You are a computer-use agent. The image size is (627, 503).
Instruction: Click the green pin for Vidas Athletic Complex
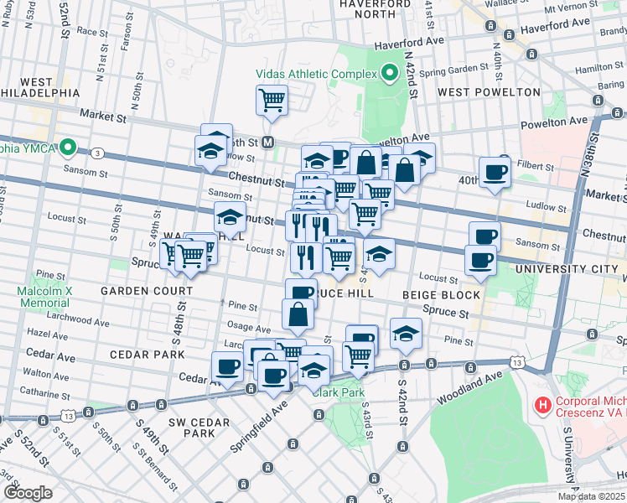389,74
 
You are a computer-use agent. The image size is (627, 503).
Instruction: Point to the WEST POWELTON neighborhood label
489,91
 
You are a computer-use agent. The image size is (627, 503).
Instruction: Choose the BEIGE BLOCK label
441,295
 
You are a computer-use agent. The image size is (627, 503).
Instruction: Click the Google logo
28,492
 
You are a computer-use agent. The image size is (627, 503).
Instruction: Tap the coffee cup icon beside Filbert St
495,172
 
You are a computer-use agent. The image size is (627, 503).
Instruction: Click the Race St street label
87,30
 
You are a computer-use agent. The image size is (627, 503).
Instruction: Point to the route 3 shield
99,153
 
